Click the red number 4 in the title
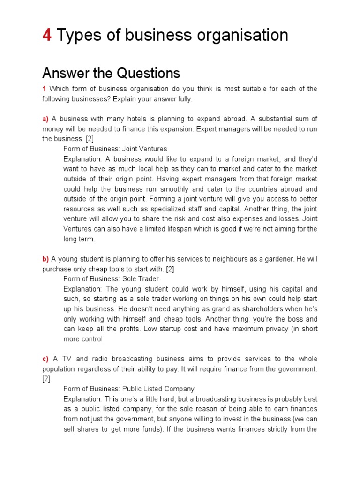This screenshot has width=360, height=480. [x=47, y=35]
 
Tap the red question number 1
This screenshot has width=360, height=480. [x=44, y=89]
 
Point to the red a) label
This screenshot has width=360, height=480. [x=45, y=119]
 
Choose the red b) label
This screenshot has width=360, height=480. [x=45, y=259]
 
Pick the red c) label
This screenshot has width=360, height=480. [x=45, y=359]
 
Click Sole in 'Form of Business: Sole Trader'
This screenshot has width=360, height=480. [x=129, y=279]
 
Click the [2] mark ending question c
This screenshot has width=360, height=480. [x=46, y=379]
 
